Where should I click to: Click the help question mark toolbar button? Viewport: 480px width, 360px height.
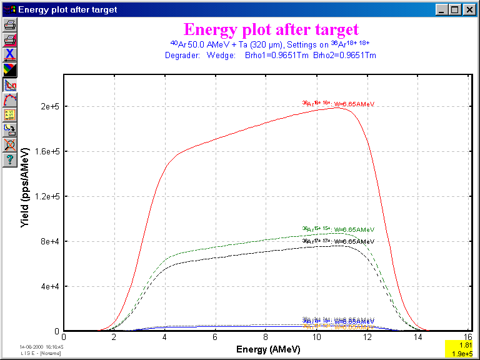tap(10, 160)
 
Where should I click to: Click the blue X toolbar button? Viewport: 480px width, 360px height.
tap(10, 54)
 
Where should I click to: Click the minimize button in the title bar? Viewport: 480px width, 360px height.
tap(442, 9)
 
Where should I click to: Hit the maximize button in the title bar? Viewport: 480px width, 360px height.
tap(454, 9)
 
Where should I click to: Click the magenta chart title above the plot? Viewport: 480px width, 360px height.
tap(271, 29)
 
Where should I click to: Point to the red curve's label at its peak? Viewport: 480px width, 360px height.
tap(338, 104)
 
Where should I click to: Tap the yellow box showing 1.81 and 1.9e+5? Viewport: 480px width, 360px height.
tap(461, 349)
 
